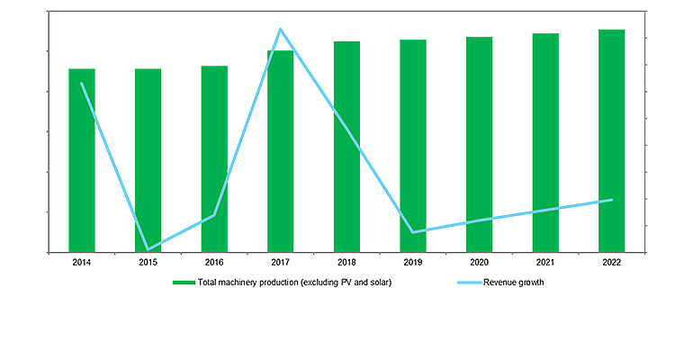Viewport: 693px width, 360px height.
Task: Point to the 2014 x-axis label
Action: (x=82, y=262)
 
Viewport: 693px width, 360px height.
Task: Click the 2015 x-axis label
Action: (x=148, y=262)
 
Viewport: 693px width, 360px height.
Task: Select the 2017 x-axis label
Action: (x=281, y=262)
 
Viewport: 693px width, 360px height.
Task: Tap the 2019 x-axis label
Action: (x=413, y=262)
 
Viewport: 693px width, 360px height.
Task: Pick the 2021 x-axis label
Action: (x=545, y=262)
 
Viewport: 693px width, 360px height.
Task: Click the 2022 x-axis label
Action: (x=612, y=262)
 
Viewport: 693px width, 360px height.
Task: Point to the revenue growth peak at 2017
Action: (x=281, y=30)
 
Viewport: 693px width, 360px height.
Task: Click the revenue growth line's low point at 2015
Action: (x=148, y=249)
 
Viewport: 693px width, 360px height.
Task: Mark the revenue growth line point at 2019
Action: (x=413, y=232)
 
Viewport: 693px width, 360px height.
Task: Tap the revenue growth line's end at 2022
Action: (x=612, y=200)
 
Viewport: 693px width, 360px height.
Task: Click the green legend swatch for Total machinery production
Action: (x=184, y=283)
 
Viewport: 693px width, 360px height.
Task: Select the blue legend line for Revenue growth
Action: (x=468, y=283)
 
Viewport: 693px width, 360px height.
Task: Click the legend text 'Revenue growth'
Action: (x=514, y=283)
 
